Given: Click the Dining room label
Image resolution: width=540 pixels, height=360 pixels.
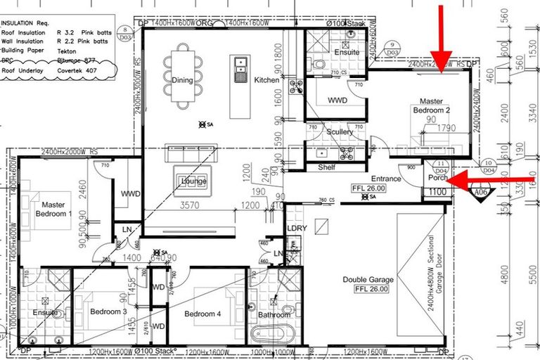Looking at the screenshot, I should (x=182, y=80).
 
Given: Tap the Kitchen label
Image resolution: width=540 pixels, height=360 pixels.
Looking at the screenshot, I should (x=267, y=80).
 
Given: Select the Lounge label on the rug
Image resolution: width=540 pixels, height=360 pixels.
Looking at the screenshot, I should (x=193, y=181).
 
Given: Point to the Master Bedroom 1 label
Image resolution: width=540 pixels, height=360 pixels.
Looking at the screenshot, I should (x=51, y=209).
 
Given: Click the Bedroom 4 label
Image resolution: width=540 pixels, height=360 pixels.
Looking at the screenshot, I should (x=203, y=314).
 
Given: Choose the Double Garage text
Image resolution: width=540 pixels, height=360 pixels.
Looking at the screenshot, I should (x=367, y=280).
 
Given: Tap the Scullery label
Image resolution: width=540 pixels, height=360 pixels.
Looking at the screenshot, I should (x=340, y=132).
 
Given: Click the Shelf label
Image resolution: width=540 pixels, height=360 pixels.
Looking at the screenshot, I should (x=326, y=167).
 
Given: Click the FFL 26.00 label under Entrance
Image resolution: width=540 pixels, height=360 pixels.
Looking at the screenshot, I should (x=369, y=188).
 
